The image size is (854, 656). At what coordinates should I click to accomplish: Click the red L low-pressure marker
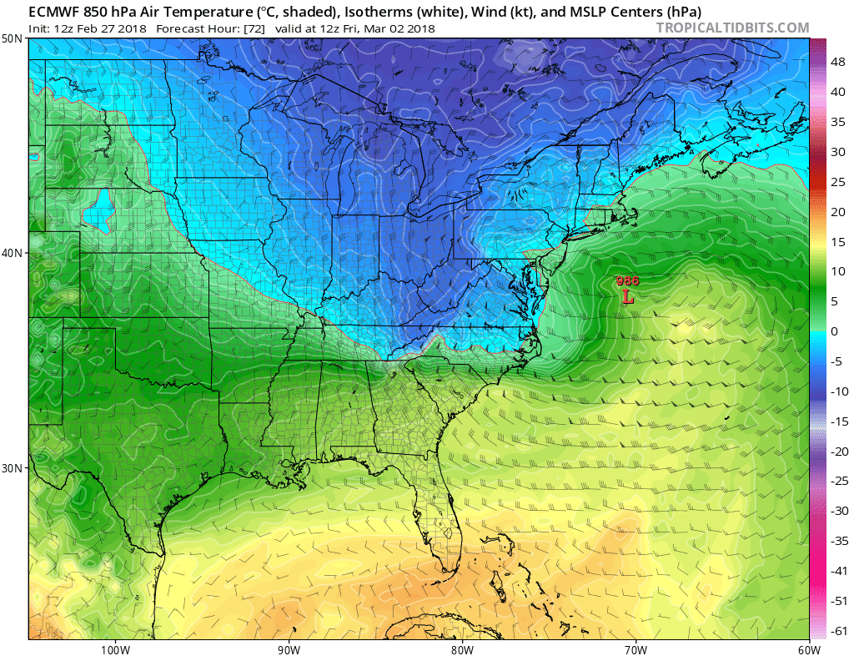click(x=628, y=295)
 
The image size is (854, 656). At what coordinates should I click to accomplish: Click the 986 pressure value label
click(x=627, y=281)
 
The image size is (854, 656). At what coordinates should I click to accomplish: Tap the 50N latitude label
click(x=13, y=39)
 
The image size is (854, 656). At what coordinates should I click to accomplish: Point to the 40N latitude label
click(x=13, y=253)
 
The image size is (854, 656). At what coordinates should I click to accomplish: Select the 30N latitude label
click(x=13, y=467)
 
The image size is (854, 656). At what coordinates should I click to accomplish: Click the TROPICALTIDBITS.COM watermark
click(x=732, y=28)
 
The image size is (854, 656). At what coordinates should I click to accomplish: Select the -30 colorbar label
click(x=840, y=511)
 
